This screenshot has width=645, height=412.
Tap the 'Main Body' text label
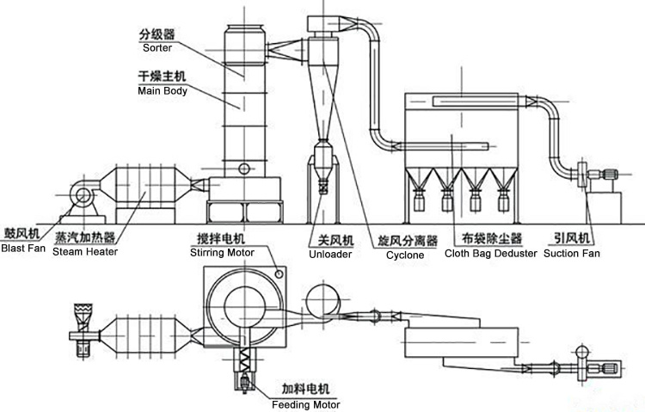coord(162,90)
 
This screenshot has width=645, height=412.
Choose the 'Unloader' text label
coord(328,254)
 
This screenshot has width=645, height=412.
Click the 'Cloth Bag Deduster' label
coord(490,254)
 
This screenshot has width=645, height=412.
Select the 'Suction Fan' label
coord(572,254)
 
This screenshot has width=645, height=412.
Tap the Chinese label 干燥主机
coord(162,77)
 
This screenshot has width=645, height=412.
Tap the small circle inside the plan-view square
coord(278,274)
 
